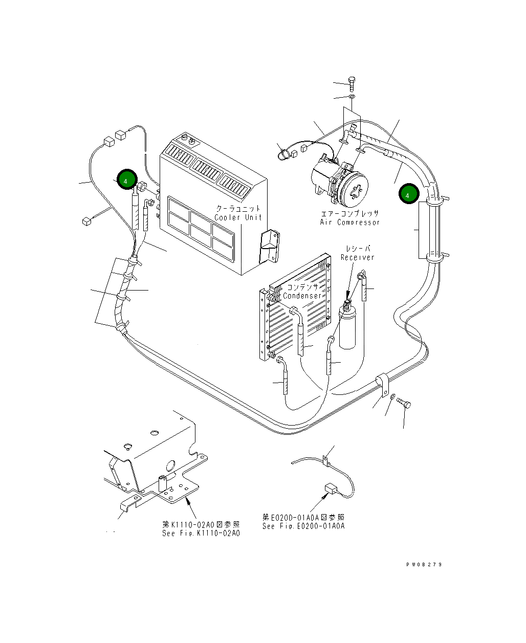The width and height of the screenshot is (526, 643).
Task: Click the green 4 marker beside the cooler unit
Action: coord(126,180)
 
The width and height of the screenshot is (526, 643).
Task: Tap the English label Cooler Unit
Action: coord(238,217)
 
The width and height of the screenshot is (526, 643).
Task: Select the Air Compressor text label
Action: coord(350,223)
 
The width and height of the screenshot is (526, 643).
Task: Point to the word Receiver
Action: coord(358,257)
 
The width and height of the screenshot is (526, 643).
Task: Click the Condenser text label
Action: coord(302,296)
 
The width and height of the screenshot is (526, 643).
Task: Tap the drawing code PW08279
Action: coord(424,565)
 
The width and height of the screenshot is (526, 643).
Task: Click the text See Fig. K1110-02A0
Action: coord(201,533)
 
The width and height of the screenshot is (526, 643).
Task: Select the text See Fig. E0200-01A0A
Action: coord(303,526)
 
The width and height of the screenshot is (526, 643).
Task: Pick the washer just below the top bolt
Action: coord(352,97)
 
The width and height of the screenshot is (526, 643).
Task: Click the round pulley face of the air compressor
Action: coord(356,189)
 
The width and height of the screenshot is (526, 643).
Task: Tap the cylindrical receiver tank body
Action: coord(347,327)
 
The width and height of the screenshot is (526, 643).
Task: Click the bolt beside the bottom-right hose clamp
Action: coord(404,404)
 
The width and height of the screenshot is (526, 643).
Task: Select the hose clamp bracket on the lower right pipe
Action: coord(382,384)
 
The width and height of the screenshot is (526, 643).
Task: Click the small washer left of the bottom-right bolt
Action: coord(392,397)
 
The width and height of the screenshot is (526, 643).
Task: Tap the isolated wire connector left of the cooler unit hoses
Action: coord(86,221)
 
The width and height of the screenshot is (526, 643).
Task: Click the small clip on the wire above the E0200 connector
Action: coord(325,460)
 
